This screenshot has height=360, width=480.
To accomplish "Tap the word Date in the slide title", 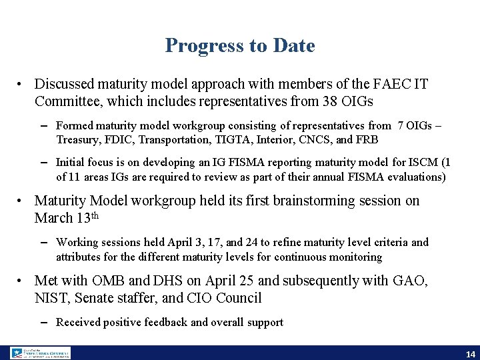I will [x=294, y=45].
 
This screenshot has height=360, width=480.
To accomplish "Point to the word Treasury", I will [x=77, y=139].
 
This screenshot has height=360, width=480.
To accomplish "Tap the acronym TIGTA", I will [x=231, y=139].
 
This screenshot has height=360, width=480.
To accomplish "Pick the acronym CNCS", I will [x=311, y=139].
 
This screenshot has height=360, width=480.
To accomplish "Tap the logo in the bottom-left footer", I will [x=40, y=353].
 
